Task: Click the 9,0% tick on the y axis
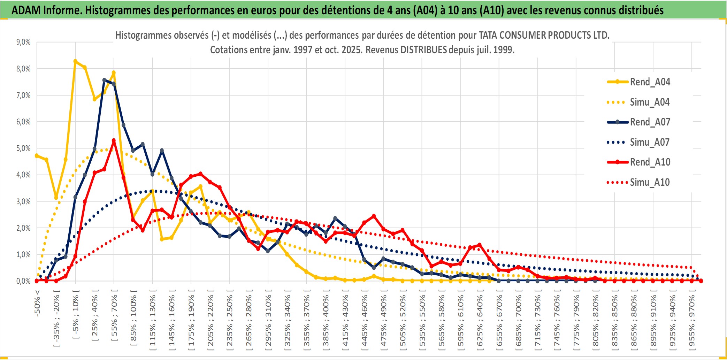pos(23,42)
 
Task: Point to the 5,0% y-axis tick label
pos(23,148)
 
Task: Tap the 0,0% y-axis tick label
pos(23,281)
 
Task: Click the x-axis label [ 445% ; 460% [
pos(365,321)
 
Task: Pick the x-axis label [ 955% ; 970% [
pos(691,321)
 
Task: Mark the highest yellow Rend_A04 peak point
pos(75,61)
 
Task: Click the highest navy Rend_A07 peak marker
pos(104,80)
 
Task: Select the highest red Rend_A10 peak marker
pos(114,140)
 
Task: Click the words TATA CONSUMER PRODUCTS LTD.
pos(544,35)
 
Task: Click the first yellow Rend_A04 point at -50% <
pos(37,156)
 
